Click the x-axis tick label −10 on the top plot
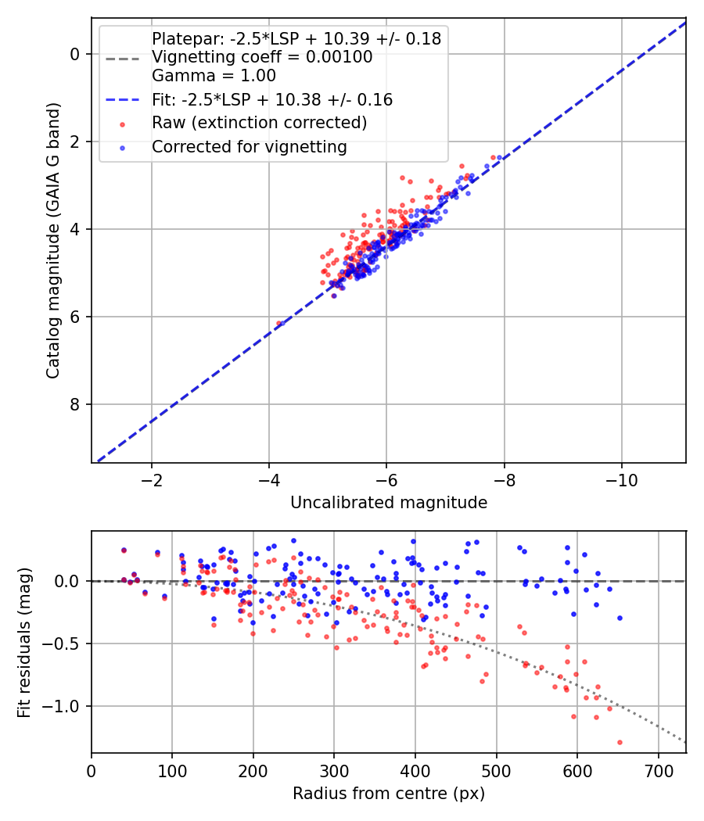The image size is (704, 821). pos(622,480)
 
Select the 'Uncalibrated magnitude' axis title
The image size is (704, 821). pos(389,503)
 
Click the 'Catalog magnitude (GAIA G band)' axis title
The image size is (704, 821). pos(53,240)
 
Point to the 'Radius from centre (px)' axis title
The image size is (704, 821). pos(389,794)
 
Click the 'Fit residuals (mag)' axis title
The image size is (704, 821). pos(24,643)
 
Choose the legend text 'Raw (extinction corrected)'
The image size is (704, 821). pos(259,123)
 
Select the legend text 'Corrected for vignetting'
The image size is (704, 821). pos(250,147)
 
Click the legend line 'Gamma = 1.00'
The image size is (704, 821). pos(214,76)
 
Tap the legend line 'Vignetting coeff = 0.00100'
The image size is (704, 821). pos(262,57)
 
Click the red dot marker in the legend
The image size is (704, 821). pos(123,124)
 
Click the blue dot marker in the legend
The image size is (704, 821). pos(123,149)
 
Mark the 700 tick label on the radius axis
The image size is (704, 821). pos(659,771)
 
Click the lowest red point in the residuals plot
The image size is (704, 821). pos(620,743)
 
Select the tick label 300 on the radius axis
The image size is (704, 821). pos(334,771)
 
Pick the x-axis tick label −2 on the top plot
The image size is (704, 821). pos(152,480)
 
